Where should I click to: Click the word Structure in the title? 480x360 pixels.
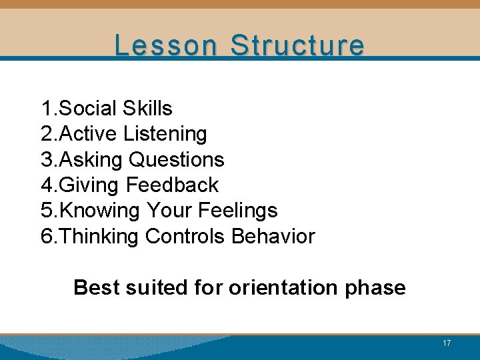click(297, 45)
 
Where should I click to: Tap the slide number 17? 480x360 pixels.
click(447, 343)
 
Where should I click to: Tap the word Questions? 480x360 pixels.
click(177, 160)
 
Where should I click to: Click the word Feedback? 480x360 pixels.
click(172, 185)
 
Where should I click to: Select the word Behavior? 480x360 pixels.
click(273, 236)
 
